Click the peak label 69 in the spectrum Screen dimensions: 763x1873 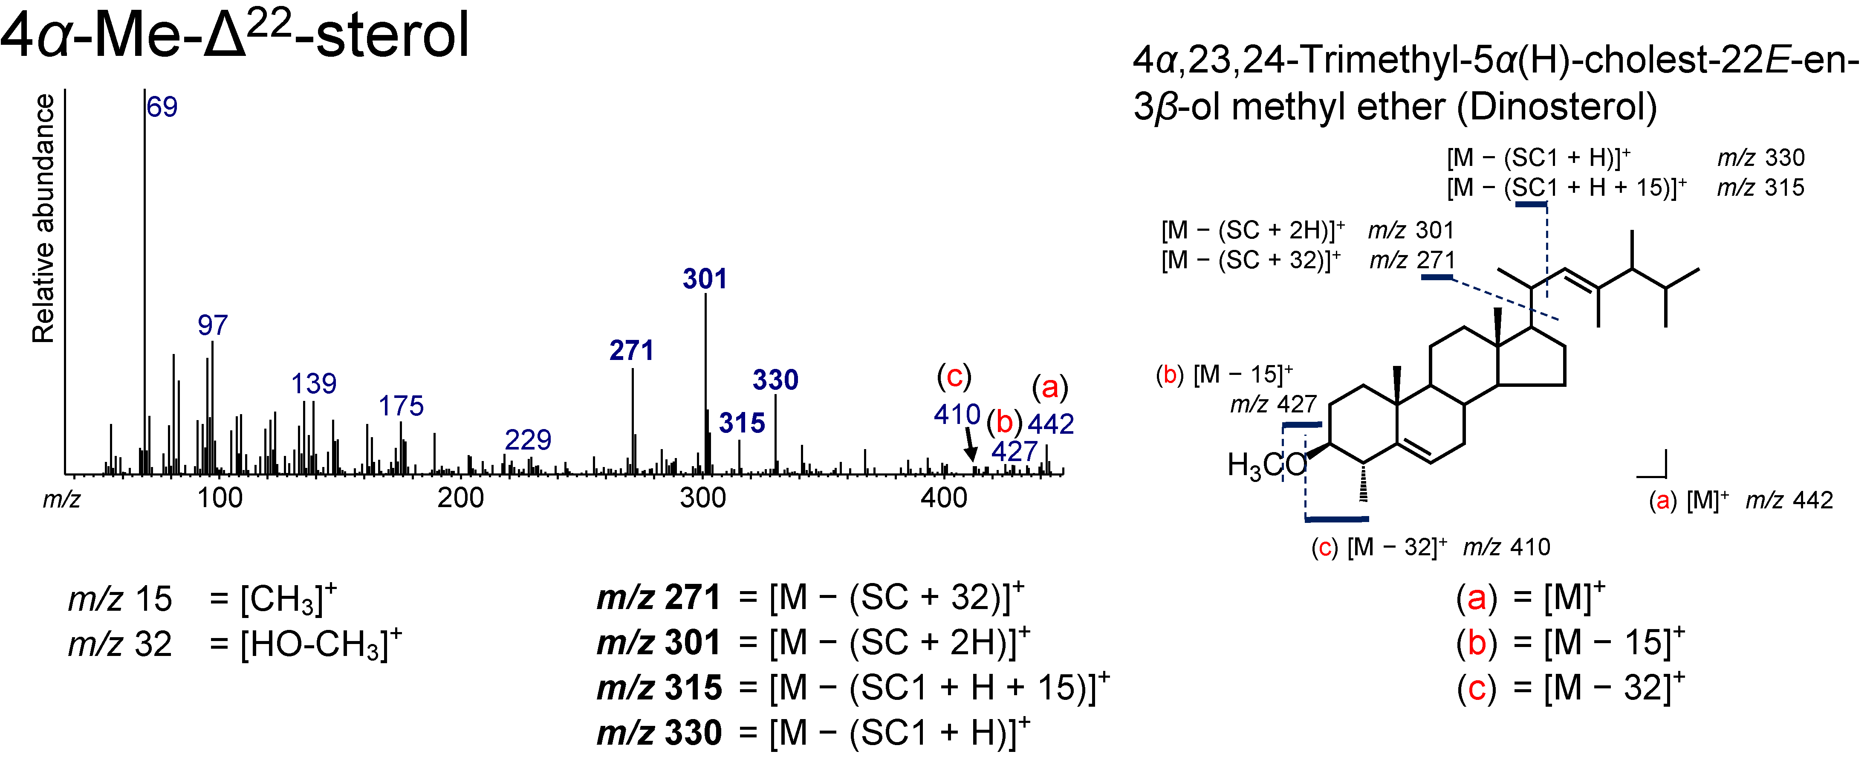tap(162, 107)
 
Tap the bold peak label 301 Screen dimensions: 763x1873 tap(705, 279)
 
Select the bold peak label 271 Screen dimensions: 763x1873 tap(631, 351)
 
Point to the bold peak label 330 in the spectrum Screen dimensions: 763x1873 tap(775, 380)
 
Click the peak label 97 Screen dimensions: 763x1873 tap(212, 325)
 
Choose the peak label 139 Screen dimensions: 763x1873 tap(313, 383)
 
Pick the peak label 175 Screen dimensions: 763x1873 tap(401, 406)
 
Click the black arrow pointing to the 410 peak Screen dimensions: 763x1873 tap(969, 444)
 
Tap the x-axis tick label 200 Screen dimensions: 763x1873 tap(460, 498)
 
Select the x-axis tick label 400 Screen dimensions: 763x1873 tap(944, 498)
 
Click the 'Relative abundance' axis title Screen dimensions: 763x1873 tap(43, 218)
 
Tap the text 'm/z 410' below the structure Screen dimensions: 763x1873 tap(1506, 547)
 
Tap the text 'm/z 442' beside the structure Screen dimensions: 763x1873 tap(1789, 500)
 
